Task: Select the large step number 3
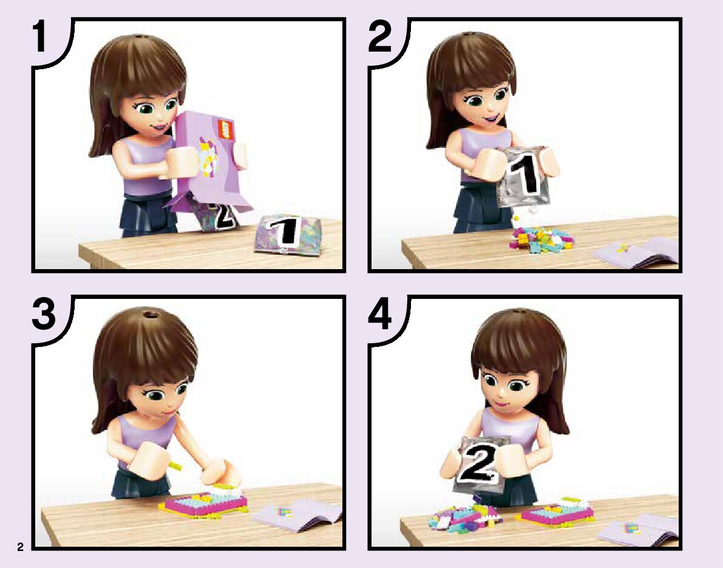[44, 315]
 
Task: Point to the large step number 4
[380, 315]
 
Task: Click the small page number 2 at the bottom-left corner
[20, 547]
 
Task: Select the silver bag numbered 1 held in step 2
[524, 176]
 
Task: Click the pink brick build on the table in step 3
[203, 504]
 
